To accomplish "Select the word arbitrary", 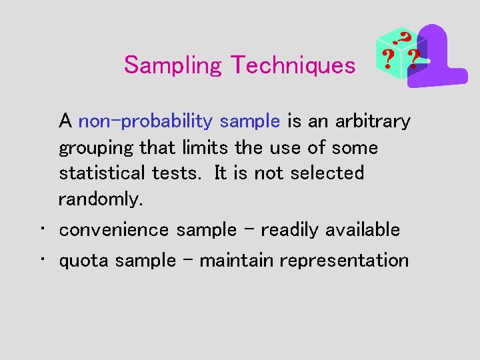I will tap(372, 121).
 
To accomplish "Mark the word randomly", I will tap(101, 199).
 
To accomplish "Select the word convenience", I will tap(115, 230).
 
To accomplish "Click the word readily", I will tap(291, 230).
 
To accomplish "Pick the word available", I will tap(363, 229).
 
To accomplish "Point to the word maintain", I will tap(237, 260).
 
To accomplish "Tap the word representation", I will tap(344, 260).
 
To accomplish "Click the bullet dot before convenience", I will tap(41, 229).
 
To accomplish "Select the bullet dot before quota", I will tap(41, 259).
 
